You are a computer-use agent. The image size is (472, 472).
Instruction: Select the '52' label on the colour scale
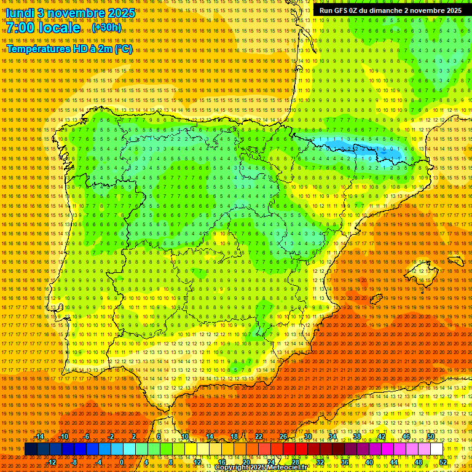443,462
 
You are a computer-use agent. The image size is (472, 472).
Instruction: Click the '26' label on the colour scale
283,436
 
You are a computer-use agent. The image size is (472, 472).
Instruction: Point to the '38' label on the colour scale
356,436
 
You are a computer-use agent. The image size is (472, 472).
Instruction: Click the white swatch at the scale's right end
436,449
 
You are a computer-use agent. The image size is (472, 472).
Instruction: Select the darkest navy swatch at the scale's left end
31,449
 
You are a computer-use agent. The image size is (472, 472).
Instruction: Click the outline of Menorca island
455,260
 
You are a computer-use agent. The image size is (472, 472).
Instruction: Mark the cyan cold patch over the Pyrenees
356,147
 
